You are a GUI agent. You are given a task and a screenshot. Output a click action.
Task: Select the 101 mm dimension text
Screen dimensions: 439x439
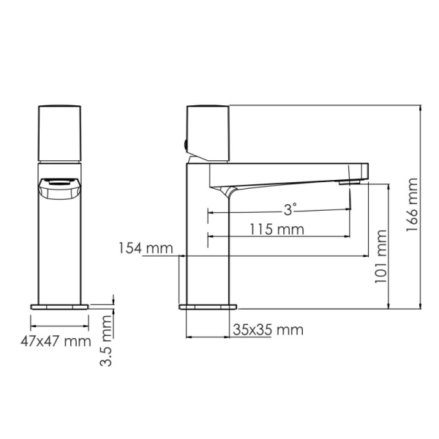point(381,258)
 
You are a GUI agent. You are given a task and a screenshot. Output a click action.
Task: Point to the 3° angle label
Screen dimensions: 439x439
point(290,209)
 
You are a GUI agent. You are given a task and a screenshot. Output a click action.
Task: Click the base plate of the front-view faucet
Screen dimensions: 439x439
point(59,305)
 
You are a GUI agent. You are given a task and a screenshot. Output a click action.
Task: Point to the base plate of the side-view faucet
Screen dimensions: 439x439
point(209,305)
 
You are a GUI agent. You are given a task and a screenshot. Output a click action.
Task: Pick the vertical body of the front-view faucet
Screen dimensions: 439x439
point(59,249)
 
